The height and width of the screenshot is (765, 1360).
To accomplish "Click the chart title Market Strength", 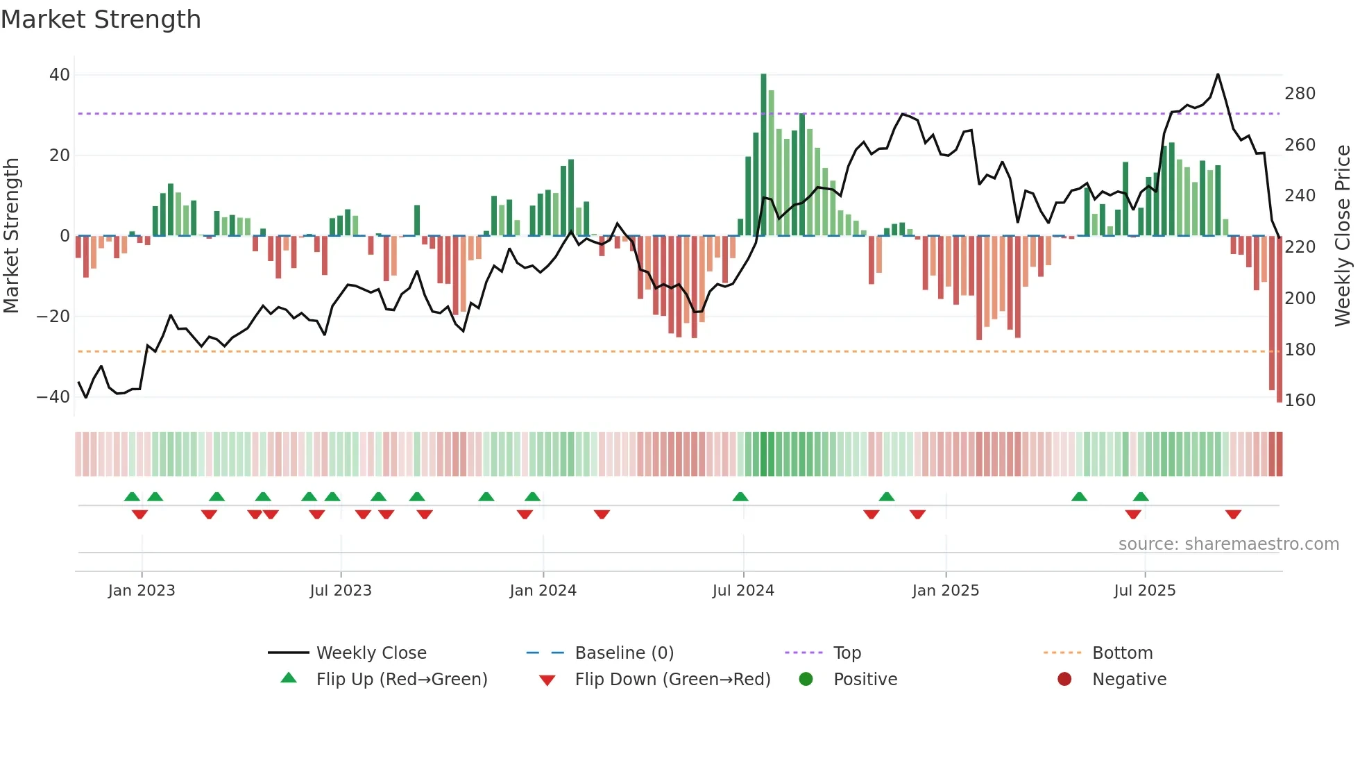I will tap(101, 19).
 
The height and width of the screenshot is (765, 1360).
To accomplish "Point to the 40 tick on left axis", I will tap(60, 74).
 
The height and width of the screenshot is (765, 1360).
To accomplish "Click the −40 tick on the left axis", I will tap(53, 397).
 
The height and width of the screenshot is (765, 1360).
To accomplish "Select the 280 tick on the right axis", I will tap(1300, 93).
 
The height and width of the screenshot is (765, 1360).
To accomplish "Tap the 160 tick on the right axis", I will tap(1300, 400).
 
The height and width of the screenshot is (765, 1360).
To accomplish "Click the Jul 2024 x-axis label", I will tap(742, 590).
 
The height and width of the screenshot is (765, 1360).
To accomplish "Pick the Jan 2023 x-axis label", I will tap(142, 590).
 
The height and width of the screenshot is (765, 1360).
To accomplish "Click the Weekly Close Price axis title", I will tap(1343, 235).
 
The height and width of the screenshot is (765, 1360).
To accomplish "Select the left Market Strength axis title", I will tap(11, 235).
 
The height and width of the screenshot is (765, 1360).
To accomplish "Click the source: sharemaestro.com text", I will tap(1228, 544).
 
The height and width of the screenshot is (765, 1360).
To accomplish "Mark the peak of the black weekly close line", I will tap(1218, 74).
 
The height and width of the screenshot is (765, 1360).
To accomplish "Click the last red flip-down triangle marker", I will tap(1233, 514).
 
